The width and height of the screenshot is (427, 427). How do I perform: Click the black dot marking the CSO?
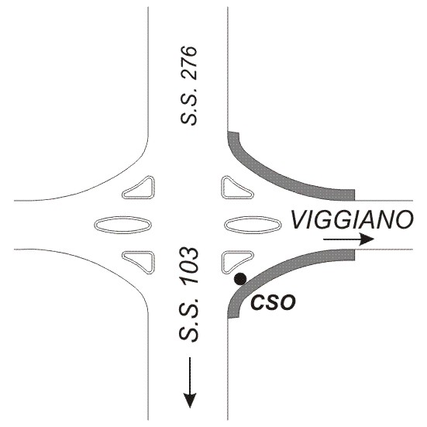pyautogui.click(x=240, y=279)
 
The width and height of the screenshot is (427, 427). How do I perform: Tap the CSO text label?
pyautogui.click(x=273, y=302)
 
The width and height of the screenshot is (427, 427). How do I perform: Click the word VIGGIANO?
pyautogui.click(x=352, y=219)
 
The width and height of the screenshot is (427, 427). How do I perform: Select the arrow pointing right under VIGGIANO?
pyautogui.click(x=349, y=239)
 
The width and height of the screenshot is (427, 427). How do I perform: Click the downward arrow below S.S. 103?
pyautogui.click(x=190, y=383)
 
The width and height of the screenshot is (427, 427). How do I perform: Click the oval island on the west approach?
pyautogui.click(x=122, y=225)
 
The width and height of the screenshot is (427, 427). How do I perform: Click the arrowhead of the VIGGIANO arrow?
pyautogui.click(x=367, y=239)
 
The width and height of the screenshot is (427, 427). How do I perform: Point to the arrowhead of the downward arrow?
pyautogui.click(x=190, y=401)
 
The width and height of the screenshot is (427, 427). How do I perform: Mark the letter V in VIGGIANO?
pyautogui.click(x=300, y=219)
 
